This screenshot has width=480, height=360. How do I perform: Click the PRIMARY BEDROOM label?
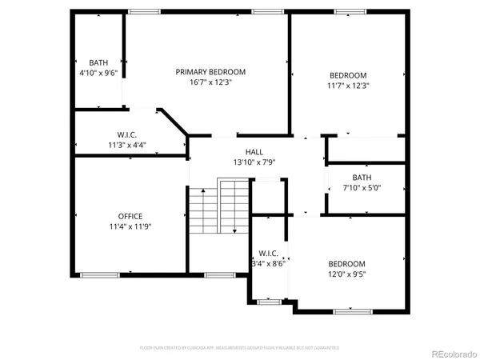pos(210,72)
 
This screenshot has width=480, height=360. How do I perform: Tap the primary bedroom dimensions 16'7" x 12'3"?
pos(210,82)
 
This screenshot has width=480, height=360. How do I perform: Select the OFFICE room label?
pos(130,216)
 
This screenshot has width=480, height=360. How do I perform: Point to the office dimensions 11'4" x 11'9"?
pos(130,226)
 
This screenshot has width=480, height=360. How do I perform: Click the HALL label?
pos(254,152)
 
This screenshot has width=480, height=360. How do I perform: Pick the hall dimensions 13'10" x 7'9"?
pos(254,162)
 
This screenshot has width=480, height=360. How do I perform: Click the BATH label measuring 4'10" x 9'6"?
pos(98,62)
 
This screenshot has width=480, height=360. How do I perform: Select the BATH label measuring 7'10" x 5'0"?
pos(362,178)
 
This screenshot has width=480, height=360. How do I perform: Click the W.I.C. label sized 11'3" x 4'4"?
pos(127,134)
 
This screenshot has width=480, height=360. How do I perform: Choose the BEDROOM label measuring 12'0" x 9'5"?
pos(347,264)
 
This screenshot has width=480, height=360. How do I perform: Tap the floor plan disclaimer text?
pos(239,348)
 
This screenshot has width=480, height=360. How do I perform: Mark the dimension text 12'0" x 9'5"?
pos(347,274)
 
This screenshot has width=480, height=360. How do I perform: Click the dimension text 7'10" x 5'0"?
pos(362,188)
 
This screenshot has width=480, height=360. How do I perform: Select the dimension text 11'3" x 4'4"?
pos(127,146)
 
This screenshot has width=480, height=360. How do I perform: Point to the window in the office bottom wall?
pos(99,275)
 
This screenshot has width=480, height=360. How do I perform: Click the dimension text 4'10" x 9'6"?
pos(98,73)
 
